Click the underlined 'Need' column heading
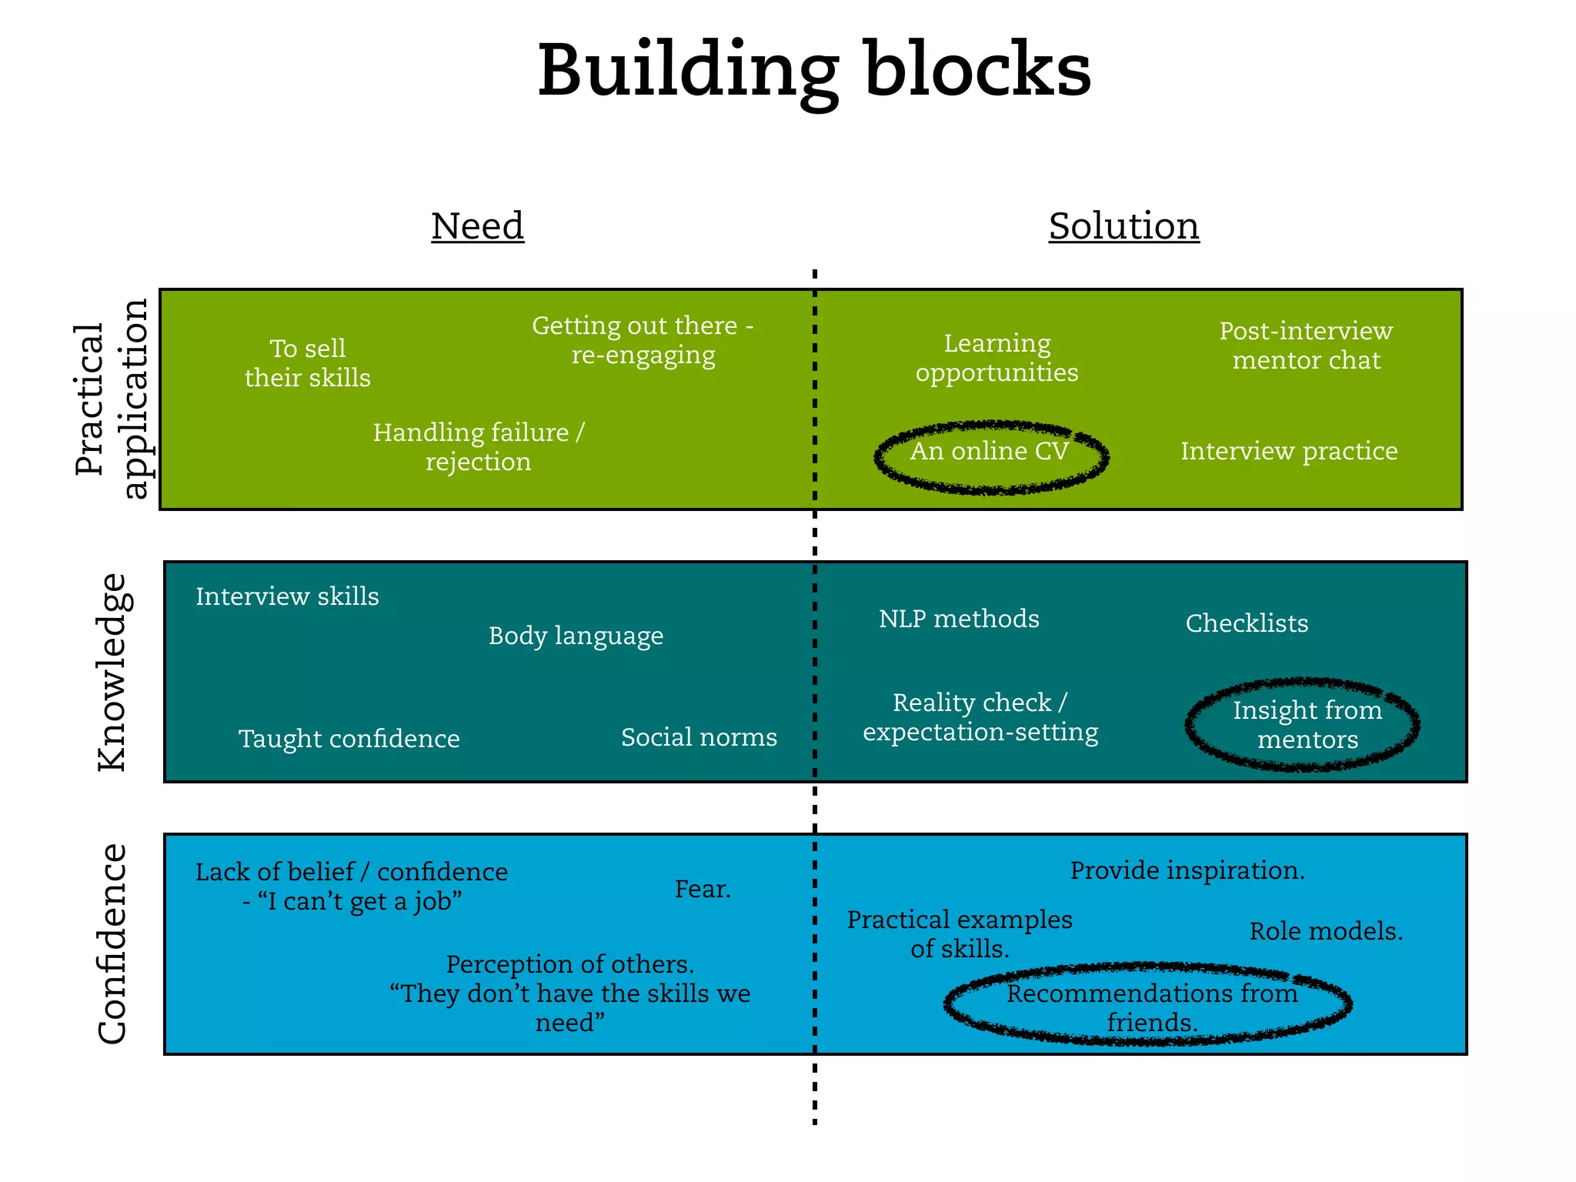click(477, 226)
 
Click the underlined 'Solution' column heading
click(1124, 226)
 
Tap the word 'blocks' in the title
click(977, 71)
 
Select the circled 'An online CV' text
click(990, 451)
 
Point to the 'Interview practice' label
click(1289, 451)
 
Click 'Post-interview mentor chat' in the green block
click(1306, 346)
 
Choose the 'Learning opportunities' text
click(997, 358)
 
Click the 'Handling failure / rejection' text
click(479, 447)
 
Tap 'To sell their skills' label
click(308, 363)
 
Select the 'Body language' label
click(576, 636)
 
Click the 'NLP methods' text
click(959, 619)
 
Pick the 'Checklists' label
click(1247, 623)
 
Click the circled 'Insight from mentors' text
click(1307, 725)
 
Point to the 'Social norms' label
click(699, 737)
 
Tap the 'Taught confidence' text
click(349, 739)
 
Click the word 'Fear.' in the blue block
click(703, 889)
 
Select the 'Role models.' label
click(1326, 931)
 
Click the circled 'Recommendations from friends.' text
click(1152, 1007)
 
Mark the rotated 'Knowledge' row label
click(112, 672)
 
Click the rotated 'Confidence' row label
click(112, 943)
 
